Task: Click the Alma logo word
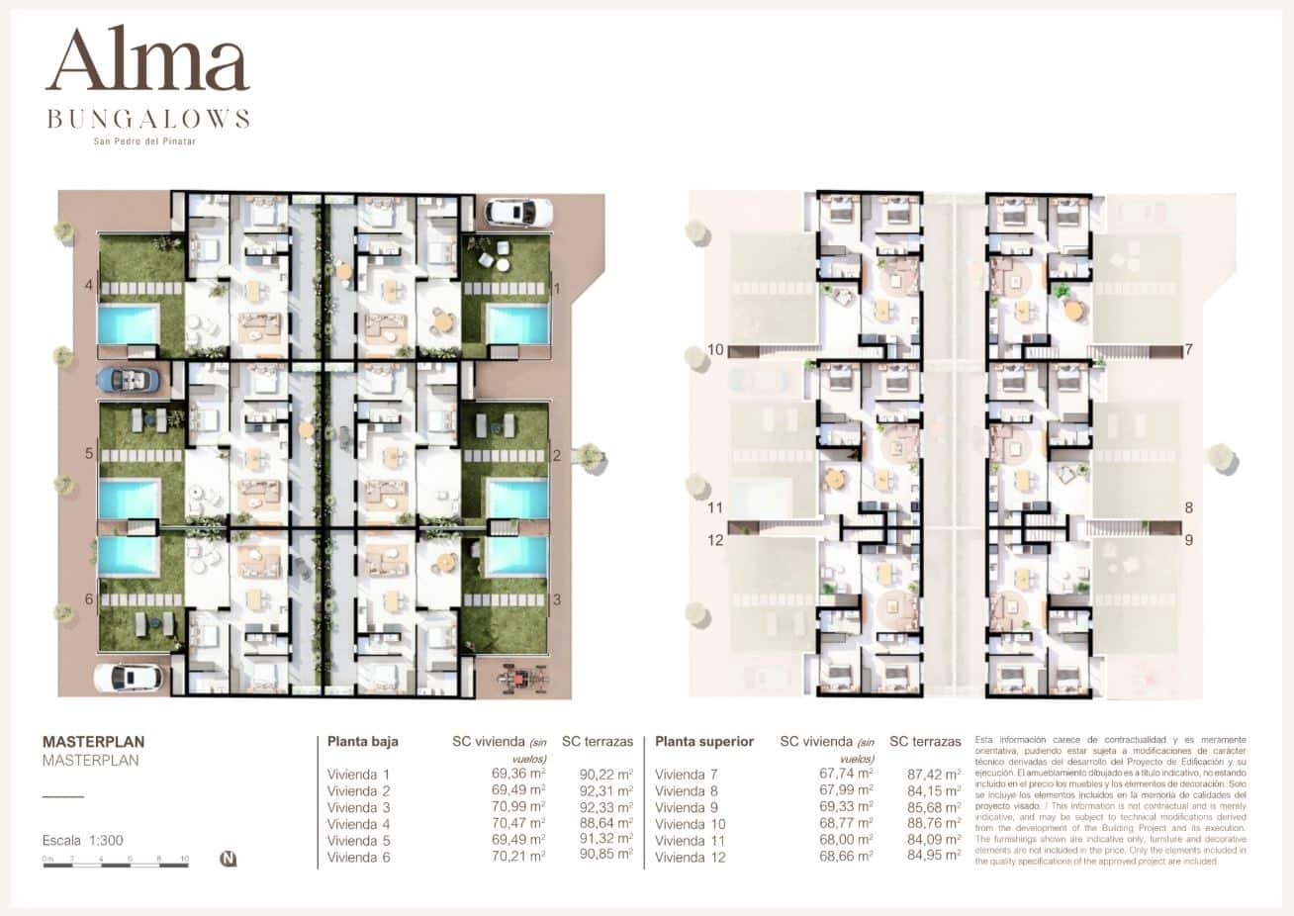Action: tap(147, 61)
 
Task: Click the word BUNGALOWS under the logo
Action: tap(148, 120)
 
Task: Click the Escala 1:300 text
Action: tap(83, 841)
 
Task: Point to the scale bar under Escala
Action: tap(115, 865)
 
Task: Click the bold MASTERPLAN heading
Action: tap(94, 741)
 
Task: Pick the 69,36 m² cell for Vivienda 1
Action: tap(518, 775)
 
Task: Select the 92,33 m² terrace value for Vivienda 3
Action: tap(605, 807)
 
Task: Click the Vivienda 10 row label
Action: tap(690, 824)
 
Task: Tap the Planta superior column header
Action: tap(704, 741)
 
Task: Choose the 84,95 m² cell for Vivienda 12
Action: tap(934, 857)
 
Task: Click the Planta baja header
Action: tap(363, 741)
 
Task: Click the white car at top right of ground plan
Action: tap(518, 212)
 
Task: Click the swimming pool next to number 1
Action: tap(517, 324)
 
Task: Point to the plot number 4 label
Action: tap(89, 287)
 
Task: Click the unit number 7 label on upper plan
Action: tap(1188, 350)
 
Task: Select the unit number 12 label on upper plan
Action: tap(716, 540)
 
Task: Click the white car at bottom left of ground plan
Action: tap(129, 678)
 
